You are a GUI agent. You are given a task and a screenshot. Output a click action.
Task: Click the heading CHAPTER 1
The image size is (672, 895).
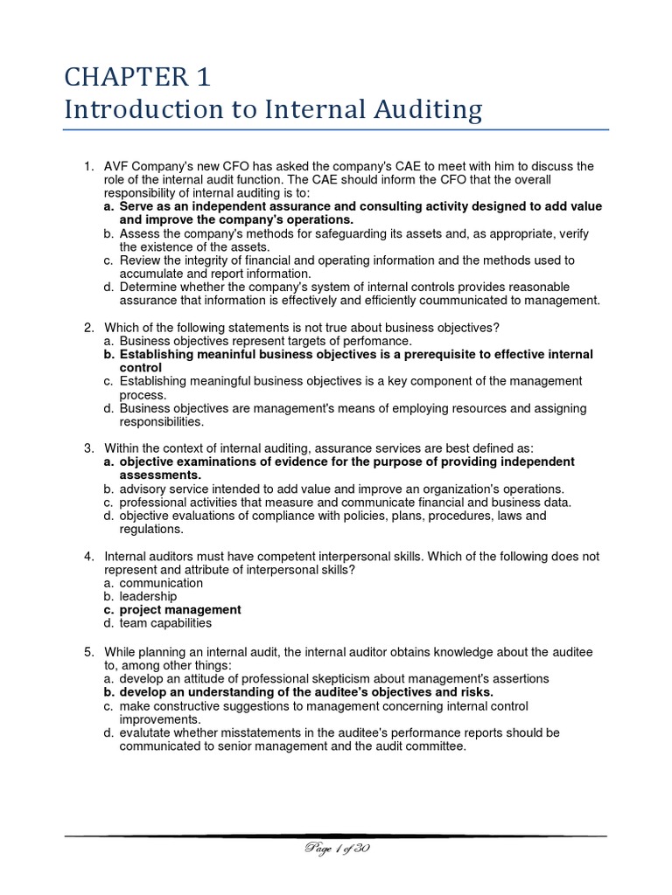pos(137,78)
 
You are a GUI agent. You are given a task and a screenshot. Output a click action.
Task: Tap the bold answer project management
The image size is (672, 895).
pos(180,609)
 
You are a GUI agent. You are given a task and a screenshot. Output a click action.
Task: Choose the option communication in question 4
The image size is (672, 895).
pos(161,583)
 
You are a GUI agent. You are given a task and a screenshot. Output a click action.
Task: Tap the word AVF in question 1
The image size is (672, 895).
pos(117,166)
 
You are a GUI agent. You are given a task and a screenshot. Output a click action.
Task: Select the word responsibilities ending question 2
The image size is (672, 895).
pos(161,421)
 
